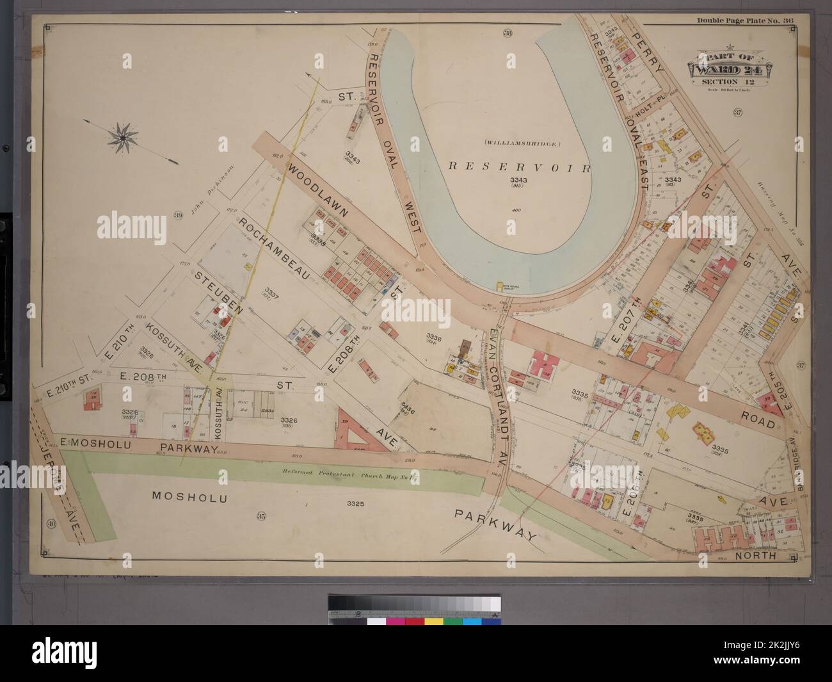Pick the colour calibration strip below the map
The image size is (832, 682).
coord(415,612)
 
